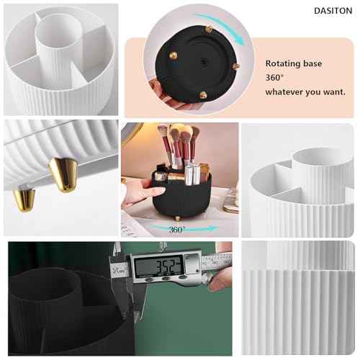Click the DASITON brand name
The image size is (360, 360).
point(333,12)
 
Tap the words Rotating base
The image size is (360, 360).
point(292,63)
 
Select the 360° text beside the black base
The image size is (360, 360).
point(274,78)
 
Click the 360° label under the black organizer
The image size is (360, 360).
point(177,229)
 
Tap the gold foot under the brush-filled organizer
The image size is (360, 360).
point(178,215)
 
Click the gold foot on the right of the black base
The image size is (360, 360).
point(235,66)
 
